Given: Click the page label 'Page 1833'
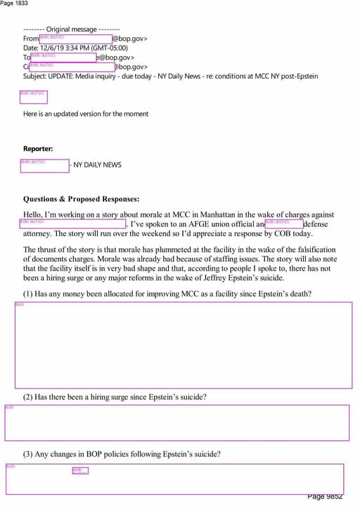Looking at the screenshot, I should [x=15, y=4].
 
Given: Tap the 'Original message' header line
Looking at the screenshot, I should [x=71, y=30].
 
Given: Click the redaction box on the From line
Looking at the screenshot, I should [x=75, y=39].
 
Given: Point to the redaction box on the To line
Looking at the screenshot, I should [x=63, y=57].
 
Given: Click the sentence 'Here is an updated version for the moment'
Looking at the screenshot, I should [x=86, y=114].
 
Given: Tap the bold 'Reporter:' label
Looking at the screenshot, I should [x=38, y=149].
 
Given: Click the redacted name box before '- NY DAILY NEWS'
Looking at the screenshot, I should [x=44, y=165].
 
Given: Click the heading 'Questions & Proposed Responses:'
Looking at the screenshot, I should [x=81, y=199].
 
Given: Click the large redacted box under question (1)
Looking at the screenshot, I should [x=183, y=345].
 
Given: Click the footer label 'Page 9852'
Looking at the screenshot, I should [x=325, y=497].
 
